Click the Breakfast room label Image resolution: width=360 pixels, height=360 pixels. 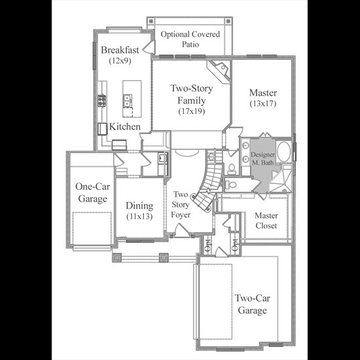coord(120,50)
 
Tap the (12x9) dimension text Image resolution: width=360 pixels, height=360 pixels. coord(120,61)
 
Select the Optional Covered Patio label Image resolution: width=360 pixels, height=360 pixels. coord(190,39)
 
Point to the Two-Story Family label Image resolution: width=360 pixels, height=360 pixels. coord(192,94)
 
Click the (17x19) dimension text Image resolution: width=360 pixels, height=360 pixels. coord(192,111)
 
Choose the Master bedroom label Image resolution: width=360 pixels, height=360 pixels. coord(263,92)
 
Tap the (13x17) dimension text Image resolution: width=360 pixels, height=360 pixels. coord(263,103)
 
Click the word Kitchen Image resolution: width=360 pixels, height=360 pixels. coord(124,126)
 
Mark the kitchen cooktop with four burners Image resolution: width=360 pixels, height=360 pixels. coord(101,101)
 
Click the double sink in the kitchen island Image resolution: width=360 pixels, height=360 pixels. coord(127,101)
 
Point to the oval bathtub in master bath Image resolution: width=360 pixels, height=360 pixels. coord(284,152)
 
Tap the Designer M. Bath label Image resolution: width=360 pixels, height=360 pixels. coord(262,158)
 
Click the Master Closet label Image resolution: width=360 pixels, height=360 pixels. coord(266,221)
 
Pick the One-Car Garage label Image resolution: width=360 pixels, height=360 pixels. coord(92,192)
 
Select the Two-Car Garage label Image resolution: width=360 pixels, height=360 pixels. coord(252,304)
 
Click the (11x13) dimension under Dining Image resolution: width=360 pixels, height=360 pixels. coord(139,216)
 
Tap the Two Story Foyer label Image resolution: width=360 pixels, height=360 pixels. coord(181,204)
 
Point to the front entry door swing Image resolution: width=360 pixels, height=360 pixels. coord(181,230)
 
